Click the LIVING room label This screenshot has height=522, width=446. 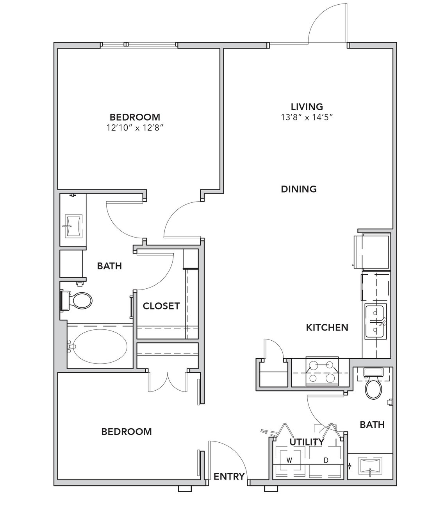click(307, 107)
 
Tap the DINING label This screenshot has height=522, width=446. click(299, 189)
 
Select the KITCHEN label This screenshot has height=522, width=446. click(327, 327)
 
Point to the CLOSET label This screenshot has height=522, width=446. click(161, 306)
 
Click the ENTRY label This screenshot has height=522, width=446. click(229, 476)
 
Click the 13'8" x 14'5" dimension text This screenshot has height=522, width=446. click(307, 118)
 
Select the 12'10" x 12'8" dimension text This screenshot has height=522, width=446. click(135, 128)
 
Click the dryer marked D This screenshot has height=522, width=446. click(326, 460)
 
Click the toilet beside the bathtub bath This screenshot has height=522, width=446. click(76, 300)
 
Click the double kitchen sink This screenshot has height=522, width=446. click(375, 321)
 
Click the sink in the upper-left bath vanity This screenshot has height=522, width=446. click(73, 226)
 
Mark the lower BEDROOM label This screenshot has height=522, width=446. click(127, 432)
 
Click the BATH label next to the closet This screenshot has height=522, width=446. click(109, 266)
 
